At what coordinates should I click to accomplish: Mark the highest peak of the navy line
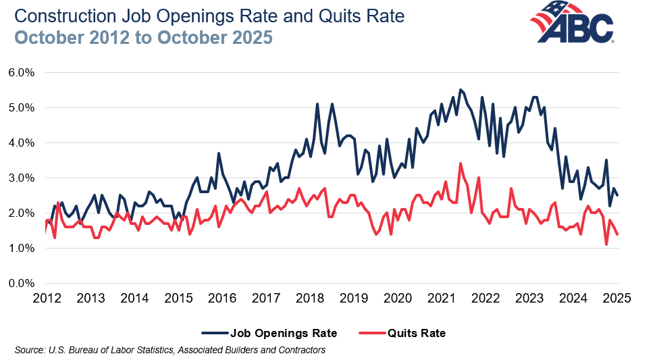pyautogui.click(x=461, y=90)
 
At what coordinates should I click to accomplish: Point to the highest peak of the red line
pyautogui.click(x=461, y=163)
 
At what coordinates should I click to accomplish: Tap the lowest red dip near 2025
pyautogui.click(x=606, y=245)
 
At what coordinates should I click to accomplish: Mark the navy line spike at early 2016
pyautogui.click(x=219, y=153)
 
